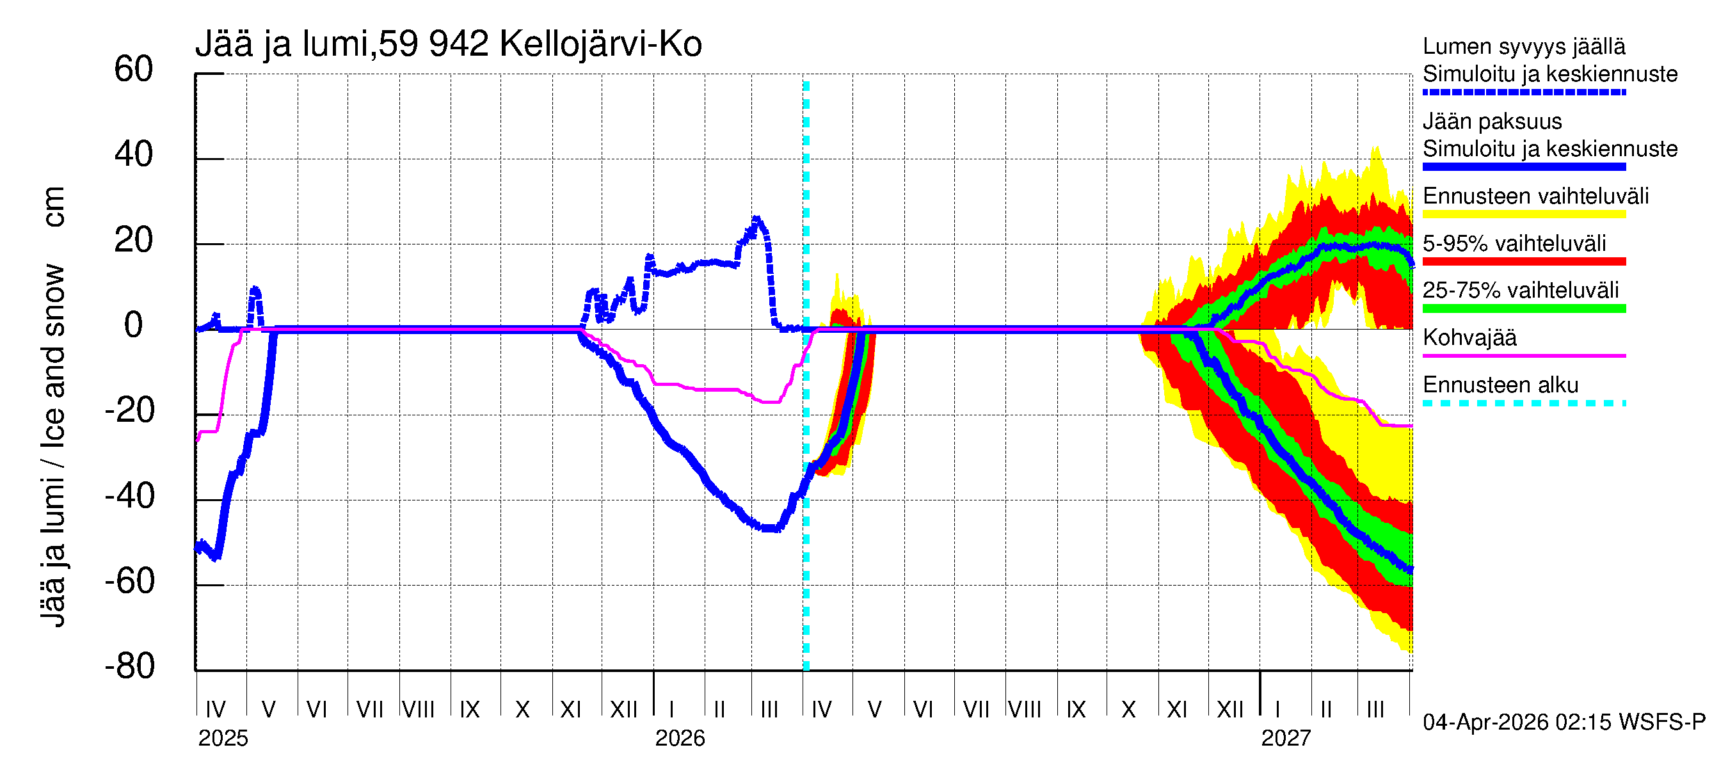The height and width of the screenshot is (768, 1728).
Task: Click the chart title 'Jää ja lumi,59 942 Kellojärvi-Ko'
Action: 448,44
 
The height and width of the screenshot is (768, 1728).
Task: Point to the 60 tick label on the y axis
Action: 134,69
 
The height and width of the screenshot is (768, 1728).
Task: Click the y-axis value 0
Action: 134,325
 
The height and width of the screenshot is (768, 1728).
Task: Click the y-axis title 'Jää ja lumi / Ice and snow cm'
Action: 52,406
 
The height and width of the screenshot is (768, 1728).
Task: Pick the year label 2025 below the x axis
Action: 223,739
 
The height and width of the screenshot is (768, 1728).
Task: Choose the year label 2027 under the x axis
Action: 1285,739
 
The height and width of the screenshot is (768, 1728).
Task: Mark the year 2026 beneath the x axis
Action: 680,739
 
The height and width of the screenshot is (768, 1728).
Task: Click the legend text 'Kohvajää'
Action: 1469,337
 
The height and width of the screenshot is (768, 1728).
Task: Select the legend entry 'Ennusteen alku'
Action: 1500,385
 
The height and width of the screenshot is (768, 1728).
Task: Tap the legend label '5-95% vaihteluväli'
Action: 1514,243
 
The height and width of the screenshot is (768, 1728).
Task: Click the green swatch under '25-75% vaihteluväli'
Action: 1523,308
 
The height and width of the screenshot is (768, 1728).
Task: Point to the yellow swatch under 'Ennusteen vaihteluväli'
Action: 1523,214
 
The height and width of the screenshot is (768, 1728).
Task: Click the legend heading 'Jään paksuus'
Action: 1492,122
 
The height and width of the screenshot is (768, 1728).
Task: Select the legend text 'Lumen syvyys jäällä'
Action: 1523,46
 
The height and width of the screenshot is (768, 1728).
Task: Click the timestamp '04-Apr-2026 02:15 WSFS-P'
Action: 1564,723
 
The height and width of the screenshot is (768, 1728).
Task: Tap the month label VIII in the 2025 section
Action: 419,709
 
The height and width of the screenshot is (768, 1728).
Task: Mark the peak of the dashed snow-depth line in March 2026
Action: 756,219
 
